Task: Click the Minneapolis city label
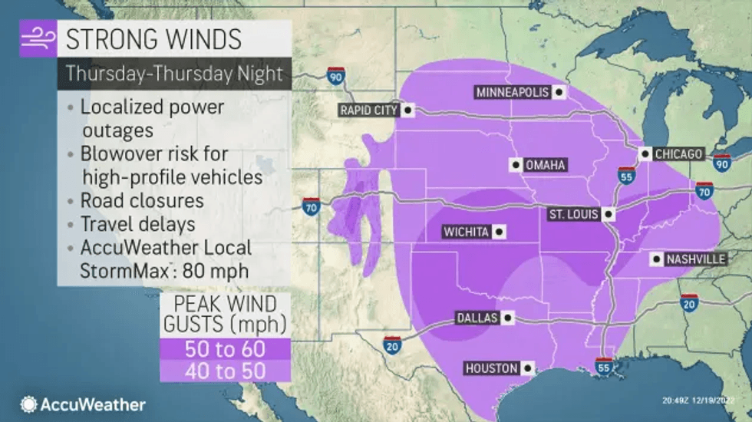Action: [513, 92]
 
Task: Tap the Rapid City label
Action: [369, 110]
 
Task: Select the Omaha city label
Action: [546, 165]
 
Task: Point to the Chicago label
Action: [678, 154]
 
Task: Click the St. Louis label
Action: [571, 214]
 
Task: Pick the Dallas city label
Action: [477, 318]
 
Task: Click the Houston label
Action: [491, 368]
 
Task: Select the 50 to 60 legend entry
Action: [225, 348]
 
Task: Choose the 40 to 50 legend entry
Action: [225, 371]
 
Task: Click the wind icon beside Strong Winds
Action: [38, 38]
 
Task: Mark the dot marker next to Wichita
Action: [500, 231]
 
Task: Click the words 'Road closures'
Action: [142, 200]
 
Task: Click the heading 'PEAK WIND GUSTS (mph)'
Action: [225, 313]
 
